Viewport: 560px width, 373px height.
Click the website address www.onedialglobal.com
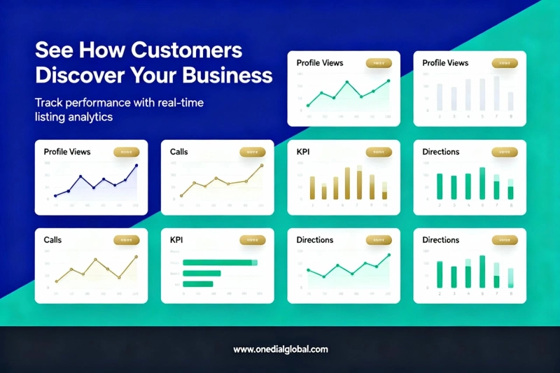tap(280, 349)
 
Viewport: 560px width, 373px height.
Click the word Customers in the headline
tap(189, 51)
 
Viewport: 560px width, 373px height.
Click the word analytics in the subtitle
tap(88, 118)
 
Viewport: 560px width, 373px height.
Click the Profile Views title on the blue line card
tap(67, 152)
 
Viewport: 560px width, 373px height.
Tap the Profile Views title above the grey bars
tap(445, 63)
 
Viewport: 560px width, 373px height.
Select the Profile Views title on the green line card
tap(320, 63)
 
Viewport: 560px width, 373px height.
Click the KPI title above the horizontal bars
tap(176, 240)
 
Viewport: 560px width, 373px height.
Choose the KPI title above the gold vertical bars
tap(302, 152)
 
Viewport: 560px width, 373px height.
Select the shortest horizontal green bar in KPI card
tap(197, 284)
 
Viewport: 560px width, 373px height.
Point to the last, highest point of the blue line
tap(136, 166)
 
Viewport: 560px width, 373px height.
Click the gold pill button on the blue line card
tap(126, 152)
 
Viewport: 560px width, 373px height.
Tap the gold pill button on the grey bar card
tap(504, 63)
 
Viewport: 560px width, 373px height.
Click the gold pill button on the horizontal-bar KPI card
tap(252, 240)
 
